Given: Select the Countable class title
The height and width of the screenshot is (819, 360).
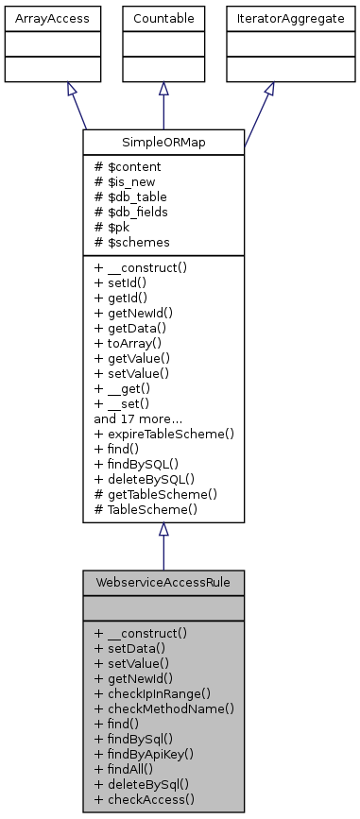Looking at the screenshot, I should [x=163, y=17].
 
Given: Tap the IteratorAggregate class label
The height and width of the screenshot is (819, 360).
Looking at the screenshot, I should [x=270, y=17].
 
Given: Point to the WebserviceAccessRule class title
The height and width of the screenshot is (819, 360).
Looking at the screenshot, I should [x=163, y=580].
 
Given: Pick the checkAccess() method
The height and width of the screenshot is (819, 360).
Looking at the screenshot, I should [x=145, y=799].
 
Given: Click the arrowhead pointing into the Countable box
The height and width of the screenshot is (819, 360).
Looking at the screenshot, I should [x=163, y=88].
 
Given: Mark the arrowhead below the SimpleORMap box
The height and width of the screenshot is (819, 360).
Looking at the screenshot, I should [x=163, y=530].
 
